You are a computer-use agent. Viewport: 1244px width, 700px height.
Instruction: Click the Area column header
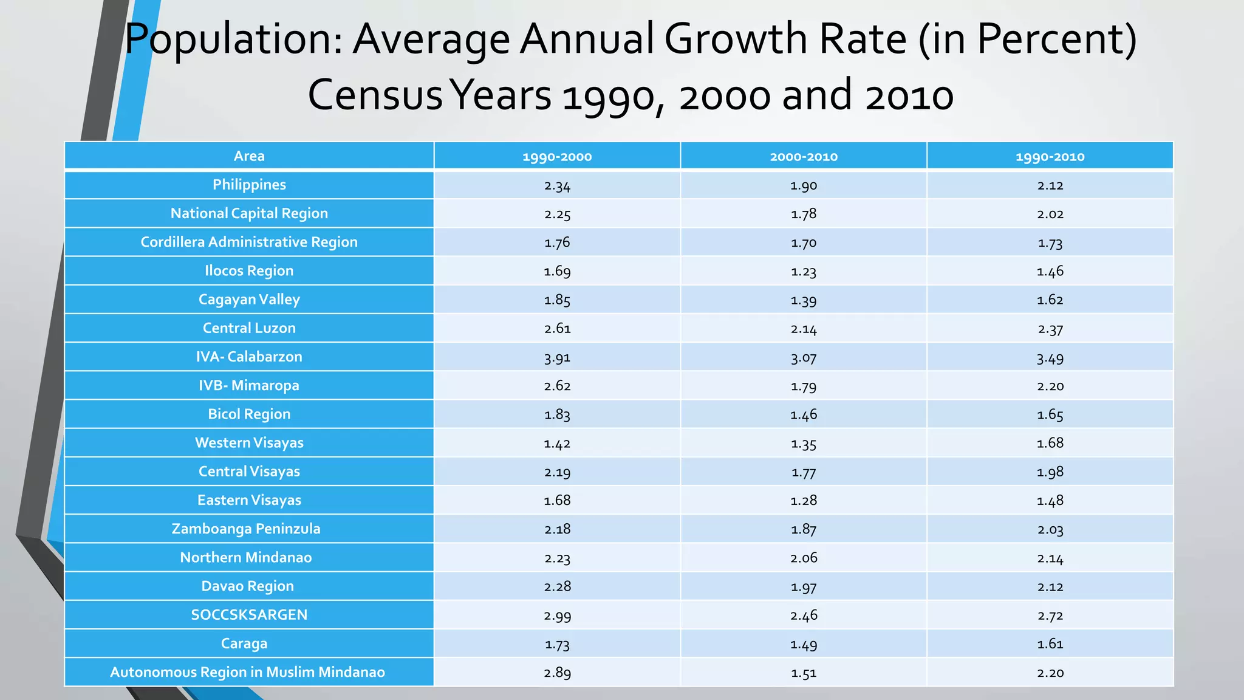tap(249, 156)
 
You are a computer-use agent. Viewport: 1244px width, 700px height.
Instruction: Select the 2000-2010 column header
tap(803, 157)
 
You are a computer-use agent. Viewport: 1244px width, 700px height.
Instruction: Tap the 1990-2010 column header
tap(1050, 157)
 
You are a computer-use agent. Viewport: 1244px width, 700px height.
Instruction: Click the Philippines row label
tap(249, 185)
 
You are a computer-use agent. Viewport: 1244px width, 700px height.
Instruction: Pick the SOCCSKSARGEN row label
tap(249, 615)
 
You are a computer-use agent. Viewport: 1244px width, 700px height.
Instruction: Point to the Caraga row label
tap(244, 643)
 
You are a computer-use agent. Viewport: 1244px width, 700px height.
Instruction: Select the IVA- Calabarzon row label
tap(249, 357)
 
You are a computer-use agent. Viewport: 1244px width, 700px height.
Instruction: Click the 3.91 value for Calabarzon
tap(557, 357)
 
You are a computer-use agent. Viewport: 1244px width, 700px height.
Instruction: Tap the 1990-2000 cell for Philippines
tap(557, 185)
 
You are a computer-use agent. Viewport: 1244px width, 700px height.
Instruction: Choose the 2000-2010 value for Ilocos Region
tap(803, 272)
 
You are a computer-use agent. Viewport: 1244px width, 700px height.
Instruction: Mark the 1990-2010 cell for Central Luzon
tap(1050, 329)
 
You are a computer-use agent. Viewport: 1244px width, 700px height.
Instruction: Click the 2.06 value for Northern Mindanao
tap(803, 558)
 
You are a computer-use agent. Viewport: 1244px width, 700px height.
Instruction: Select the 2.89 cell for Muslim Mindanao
tap(557, 673)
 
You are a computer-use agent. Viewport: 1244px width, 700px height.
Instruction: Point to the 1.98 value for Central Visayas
tap(1050, 472)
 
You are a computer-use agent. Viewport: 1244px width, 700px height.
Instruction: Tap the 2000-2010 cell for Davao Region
tap(803, 587)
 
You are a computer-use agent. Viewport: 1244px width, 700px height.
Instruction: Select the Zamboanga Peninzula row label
tap(246, 529)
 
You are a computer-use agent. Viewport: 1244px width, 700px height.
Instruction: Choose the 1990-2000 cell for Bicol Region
tap(557, 414)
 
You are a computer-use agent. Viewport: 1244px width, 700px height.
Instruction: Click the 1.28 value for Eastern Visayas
tap(803, 501)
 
